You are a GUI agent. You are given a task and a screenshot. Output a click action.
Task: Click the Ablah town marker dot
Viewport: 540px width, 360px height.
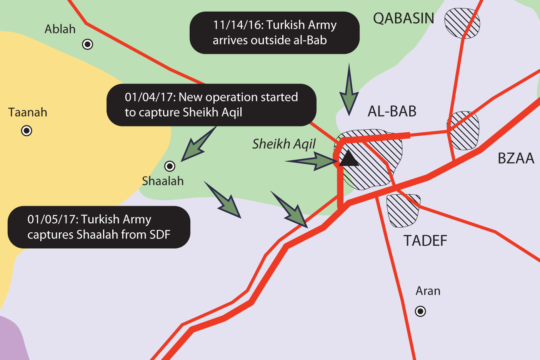tap(88, 44)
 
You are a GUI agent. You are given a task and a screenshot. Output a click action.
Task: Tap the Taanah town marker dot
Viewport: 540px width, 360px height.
tap(27, 131)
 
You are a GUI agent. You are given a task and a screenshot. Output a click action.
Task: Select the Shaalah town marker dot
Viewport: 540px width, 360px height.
tap(170, 166)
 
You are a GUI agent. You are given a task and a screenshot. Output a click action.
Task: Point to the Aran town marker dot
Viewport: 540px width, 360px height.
tap(420, 311)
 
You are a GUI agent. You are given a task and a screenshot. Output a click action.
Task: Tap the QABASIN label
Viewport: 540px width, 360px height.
tap(403, 18)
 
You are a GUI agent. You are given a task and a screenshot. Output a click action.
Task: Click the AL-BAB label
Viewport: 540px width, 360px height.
tap(392, 112)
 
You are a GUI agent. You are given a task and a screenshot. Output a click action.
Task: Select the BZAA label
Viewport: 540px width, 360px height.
tap(516, 158)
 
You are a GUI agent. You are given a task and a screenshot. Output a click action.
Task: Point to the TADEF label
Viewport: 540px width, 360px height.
tap(425, 241)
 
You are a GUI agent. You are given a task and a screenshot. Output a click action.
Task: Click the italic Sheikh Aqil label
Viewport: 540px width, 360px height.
tap(284, 144)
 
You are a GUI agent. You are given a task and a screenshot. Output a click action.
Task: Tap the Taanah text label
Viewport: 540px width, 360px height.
tap(28, 112)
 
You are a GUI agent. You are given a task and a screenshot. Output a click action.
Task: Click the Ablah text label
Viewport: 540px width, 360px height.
tap(60, 29)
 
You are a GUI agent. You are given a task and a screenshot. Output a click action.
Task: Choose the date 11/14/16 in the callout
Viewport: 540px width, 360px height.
tap(238, 25)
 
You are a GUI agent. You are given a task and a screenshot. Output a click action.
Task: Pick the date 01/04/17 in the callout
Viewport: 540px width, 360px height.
tap(150, 97)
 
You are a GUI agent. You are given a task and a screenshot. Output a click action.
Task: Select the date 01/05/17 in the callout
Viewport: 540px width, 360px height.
tap(52, 219)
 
